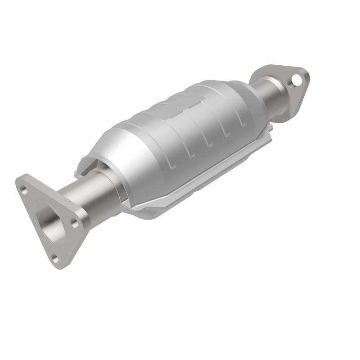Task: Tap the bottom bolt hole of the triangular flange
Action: tap(55, 258)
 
